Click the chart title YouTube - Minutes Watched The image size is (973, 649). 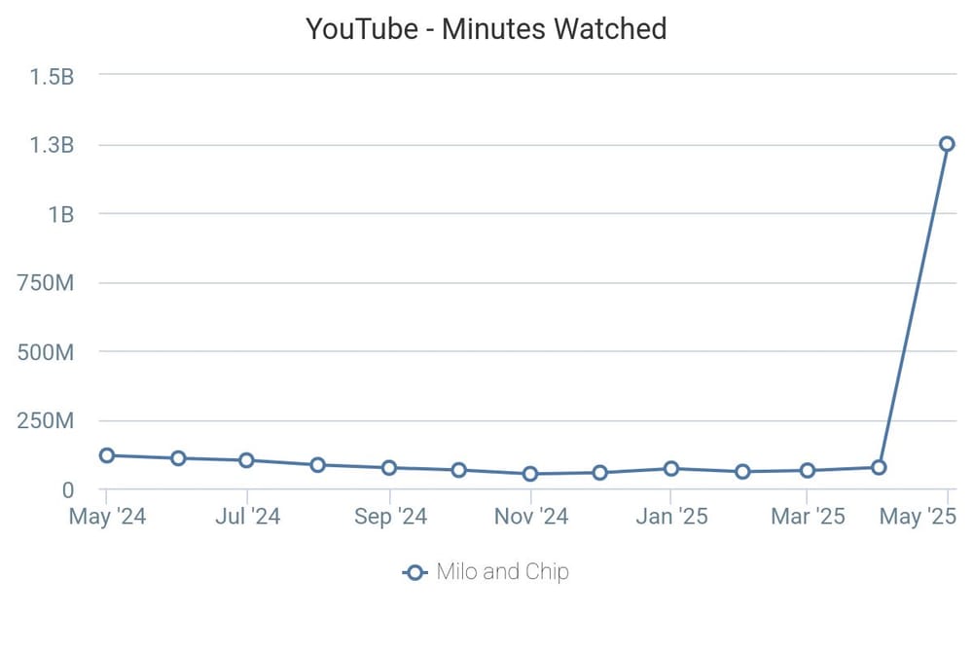(486, 29)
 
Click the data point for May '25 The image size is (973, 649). (947, 144)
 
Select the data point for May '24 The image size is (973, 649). (107, 455)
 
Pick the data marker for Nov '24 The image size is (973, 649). (530, 474)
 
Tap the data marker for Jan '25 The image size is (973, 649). (671, 468)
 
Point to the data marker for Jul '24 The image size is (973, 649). (247, 460)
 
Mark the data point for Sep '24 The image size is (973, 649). (389, 467)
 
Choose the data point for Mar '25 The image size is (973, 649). (808, 470)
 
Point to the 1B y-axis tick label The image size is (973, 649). (60, 215)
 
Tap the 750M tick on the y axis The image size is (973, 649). (47, 284)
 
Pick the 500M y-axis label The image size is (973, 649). (47, 352)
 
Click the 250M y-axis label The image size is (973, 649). (47, 421)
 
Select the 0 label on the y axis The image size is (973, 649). (68, 490)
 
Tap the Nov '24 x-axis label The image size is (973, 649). (530, 516)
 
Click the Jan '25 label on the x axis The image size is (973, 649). (671, 516)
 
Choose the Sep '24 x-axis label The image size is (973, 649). (389, 516)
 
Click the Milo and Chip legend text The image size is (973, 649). (502, 572)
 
